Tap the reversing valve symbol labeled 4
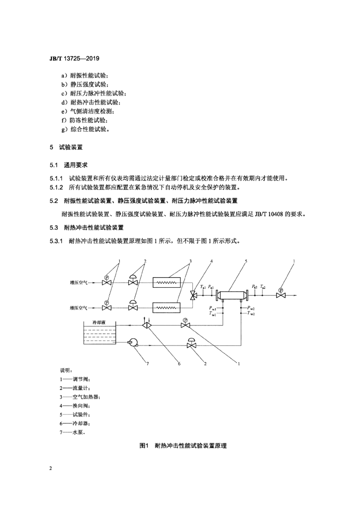(192, 295)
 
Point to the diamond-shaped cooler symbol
(147, 324)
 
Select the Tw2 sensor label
(251, 314)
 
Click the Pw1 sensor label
(213, 308)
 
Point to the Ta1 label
(203, 287)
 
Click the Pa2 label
(255, 287)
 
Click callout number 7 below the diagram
(148, 363)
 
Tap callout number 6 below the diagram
(179, 363)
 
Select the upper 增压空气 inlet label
(79, 282)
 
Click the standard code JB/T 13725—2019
(75, 59)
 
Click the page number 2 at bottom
(51, 468)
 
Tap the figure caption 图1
(144, 446)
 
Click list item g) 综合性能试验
(86, 129)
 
